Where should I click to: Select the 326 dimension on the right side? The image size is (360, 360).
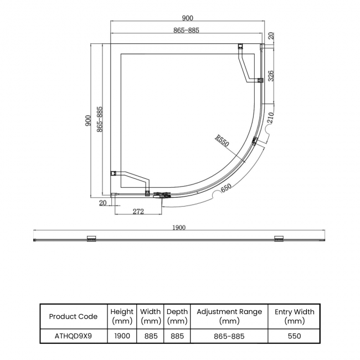(x=270, y=75)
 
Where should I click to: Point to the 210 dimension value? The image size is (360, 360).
(x=270, y=118)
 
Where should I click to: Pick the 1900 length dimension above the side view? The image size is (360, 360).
(x=179, y=227)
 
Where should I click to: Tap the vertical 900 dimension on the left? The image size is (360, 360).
(x=88, y=121)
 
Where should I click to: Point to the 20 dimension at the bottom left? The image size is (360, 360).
(x=102, y=203)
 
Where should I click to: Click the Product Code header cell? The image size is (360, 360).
(x=73, y=316)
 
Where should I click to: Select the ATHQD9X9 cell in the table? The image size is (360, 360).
(x=73, y=336)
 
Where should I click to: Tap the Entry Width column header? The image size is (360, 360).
(x=294, y=316)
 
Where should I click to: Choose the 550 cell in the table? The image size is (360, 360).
(x=294, y=336)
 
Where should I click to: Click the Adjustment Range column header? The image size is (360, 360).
(x=229, y=316)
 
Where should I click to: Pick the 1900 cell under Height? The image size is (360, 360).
(x=122, y=336)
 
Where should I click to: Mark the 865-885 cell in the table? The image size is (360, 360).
(x=229, y=336)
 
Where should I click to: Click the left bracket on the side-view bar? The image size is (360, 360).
(x=91, y=239)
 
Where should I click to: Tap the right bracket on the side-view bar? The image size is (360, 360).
(x=279, y=239)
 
